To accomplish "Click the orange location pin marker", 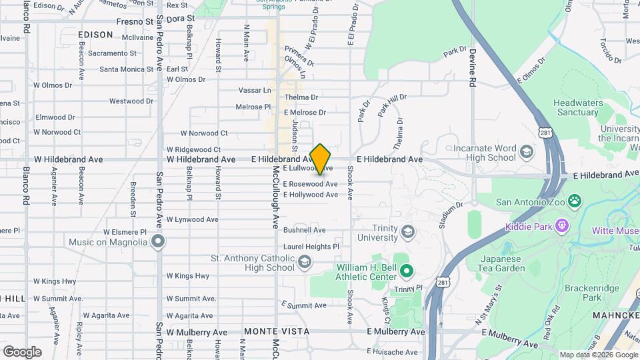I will coord(321,159).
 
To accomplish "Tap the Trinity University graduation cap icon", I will coord(407,232).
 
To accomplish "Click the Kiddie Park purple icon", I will coord(562,227).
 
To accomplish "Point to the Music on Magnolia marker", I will coord(158,241).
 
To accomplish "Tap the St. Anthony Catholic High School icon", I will coord(305,262).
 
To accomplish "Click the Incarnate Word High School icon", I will coord(527,152).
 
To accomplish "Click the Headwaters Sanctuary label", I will coord(576,107).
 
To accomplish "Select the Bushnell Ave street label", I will coord(304,230).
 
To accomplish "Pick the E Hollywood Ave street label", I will coord(310,195).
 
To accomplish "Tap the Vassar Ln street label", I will coord(255,90).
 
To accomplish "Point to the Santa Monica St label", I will coord(127,69).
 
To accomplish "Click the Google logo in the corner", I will coord(22,351).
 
